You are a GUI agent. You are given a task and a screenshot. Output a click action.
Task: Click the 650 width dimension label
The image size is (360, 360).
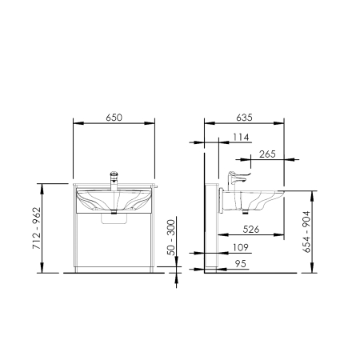pyautogui.click(x=114, y=118)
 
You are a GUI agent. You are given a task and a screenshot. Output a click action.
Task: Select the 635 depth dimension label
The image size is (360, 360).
pyautogui.click(x=244, y=118)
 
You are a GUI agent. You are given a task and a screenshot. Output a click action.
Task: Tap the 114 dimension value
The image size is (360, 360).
pyautogui.click(x=241, y=137)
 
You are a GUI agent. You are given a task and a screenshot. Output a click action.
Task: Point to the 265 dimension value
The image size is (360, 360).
pyautogui.click(x=267, y=154)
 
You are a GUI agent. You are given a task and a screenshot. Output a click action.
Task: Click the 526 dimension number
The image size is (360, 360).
pyautogui.click(x=251, y=229)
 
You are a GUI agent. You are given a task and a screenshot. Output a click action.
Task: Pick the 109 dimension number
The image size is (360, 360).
pyautogui.click(x=241, y=247)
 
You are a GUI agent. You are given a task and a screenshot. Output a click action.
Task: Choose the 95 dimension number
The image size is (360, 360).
pyautogui.click(x=241, y=264)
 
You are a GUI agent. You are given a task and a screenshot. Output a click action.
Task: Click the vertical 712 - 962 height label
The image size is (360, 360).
pyautogui.click(x=37, y=228)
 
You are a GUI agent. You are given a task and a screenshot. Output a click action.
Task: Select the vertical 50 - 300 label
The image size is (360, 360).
pyautogui.click(x=171, y=238)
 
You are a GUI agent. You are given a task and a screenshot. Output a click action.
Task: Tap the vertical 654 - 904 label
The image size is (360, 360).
pyautogui.click(x=306, y=232)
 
